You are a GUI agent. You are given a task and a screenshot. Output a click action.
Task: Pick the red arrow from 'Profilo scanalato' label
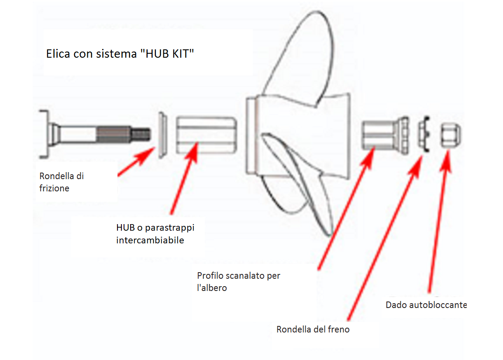coord(345,210)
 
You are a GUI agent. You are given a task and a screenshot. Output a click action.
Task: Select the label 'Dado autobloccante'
coord(426,305)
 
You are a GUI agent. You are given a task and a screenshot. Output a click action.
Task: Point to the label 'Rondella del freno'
coord(313,329)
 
